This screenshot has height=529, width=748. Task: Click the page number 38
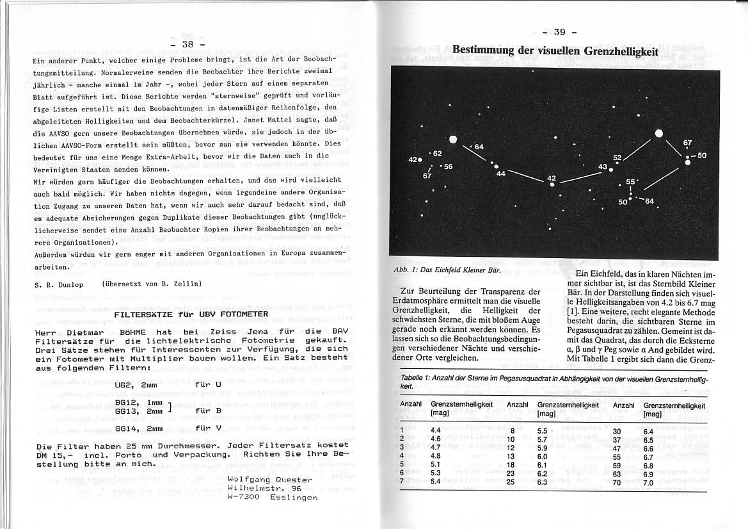coord(188,44)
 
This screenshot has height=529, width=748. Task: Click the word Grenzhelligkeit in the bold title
coord(618,51)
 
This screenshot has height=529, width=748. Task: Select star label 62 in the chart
coord(438,153)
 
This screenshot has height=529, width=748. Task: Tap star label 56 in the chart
coord(447,167)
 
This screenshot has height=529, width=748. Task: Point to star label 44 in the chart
coord(500,174)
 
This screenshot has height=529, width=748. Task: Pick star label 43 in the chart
coord(602,167)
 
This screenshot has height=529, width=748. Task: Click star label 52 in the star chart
coord(617,157)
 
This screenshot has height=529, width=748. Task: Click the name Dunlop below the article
coord(70,284)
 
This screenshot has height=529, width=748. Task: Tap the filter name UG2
coord(123,385)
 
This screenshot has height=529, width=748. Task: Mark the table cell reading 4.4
coord(436,430)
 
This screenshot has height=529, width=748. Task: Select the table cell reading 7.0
coord(648,481)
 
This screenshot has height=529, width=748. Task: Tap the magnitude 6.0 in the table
coord(542,456)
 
